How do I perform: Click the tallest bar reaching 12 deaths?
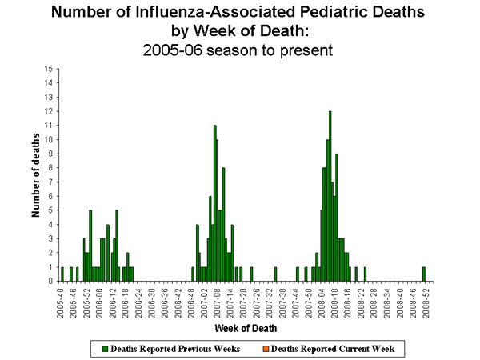[x=330, y=196]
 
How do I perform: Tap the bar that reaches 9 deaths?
[x=337, y=218]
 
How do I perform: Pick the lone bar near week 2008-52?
[x=424, y=274]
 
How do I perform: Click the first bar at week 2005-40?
[x=62, y=274]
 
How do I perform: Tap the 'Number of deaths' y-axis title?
[x=36, y=175]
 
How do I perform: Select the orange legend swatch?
[x=265, y=350]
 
